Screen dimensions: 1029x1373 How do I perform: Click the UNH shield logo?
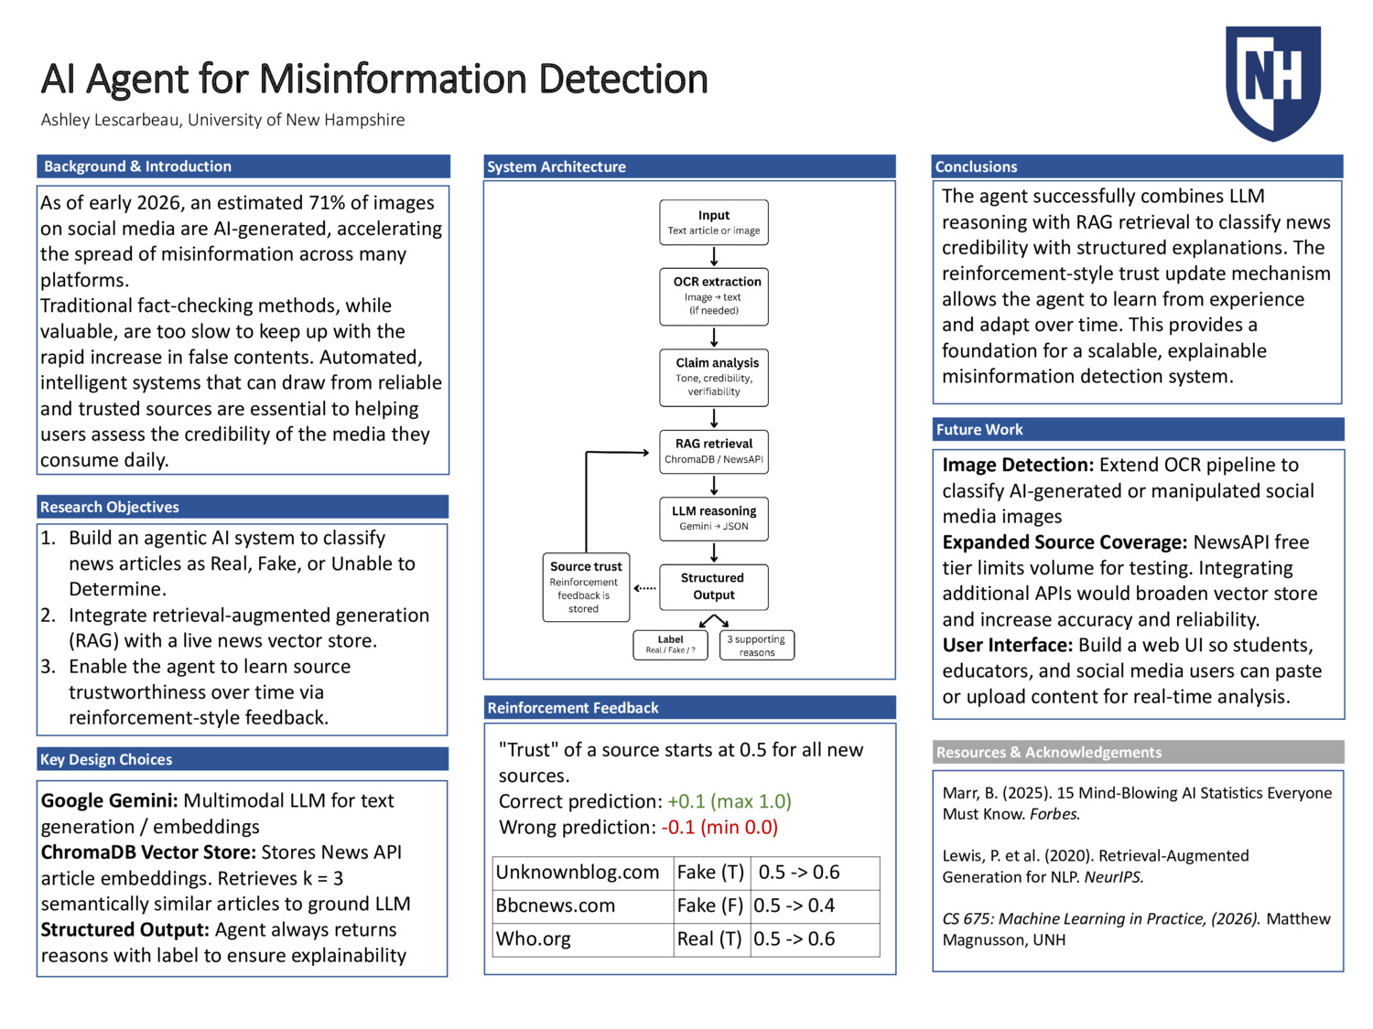pyautogui.click(x=1273, y=82)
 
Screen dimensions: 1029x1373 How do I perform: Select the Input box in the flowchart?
pyautogui.click(x=714, y=222)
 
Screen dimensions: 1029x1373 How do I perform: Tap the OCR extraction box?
pyautogui.click(x=714, y=295)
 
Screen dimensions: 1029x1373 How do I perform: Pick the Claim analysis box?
pyautogui.click(x=714, y=377)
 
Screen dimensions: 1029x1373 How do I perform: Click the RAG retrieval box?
pyautogui.click(x=714, y=451)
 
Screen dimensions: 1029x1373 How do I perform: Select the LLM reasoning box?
pyautogui.click(x=714, y=518)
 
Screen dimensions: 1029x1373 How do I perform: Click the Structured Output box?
pyautogui.click(x=714, y=586)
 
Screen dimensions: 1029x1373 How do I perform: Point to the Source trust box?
pyautogui.click(x=586, y=586)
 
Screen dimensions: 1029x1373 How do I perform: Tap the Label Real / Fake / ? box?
pyautogui.click(x=670, y=645)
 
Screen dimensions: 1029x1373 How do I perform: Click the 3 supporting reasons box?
pyautogui.click(x=756, y=645)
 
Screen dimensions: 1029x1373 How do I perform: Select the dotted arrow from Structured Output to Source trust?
pyautogui.click(x=645, y=588)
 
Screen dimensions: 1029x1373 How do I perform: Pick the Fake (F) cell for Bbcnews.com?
pyautogui.click(x=710, y=906)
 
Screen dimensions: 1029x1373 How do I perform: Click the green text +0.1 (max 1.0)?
pyautogui.click(x=729, y=801)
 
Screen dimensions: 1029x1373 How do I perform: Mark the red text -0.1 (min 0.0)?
pyautogui.click(x=719, y=827)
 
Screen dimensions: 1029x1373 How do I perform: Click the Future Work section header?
pyautogui.click(x=979, y=430)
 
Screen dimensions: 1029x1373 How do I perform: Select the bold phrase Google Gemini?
pyautogui.click(x=109, y=801)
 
